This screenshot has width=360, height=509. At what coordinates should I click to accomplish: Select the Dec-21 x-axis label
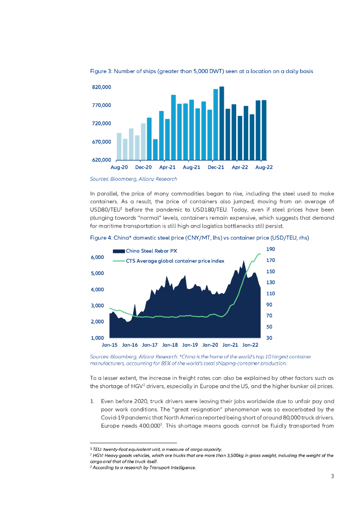216,168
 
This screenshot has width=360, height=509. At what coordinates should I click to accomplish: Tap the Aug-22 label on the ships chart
264,168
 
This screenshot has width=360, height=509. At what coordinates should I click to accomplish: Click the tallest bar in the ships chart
221,123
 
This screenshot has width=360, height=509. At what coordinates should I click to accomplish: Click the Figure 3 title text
201,72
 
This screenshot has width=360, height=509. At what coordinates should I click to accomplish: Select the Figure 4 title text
199,238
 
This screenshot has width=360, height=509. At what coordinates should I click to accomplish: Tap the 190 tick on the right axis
270,249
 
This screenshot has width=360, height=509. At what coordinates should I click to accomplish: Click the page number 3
332,476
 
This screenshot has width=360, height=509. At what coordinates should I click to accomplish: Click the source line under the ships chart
133,178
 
